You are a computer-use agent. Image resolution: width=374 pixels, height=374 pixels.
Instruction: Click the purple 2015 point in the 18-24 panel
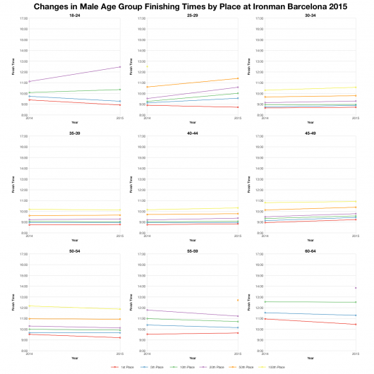(x=120, y=66)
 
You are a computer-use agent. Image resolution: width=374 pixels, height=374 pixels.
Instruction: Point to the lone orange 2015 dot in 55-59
(x=238, y=300)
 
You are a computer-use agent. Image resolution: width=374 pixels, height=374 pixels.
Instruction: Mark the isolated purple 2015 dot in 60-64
(x=356, y=288)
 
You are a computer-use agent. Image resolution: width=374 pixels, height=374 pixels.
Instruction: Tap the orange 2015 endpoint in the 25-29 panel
(x=238, y=78)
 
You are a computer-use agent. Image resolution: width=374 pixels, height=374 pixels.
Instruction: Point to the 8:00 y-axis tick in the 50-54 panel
(x=24, y=351)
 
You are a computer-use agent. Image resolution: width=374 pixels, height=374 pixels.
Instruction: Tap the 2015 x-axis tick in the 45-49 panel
(x=356, y=236)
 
